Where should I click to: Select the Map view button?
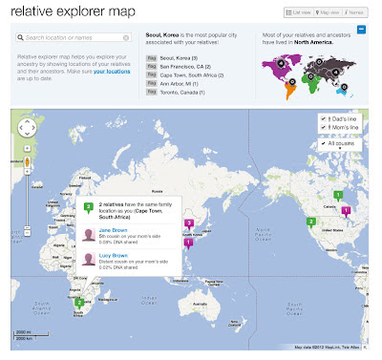pyautogui.click(x=329, y=12)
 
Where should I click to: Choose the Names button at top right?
pyautogui.click(x=355, y=12)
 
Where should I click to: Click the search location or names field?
pyautogui.click(x=76, y=38)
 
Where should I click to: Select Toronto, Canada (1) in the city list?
pyautogui.click(x=182, y=94)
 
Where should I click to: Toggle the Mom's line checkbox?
pyautogui.click(x=324, y=128)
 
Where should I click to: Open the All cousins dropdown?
pyautogui.click(x=339, y=141)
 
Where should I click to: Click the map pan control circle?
pyautogui.click(x=28, y=126)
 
